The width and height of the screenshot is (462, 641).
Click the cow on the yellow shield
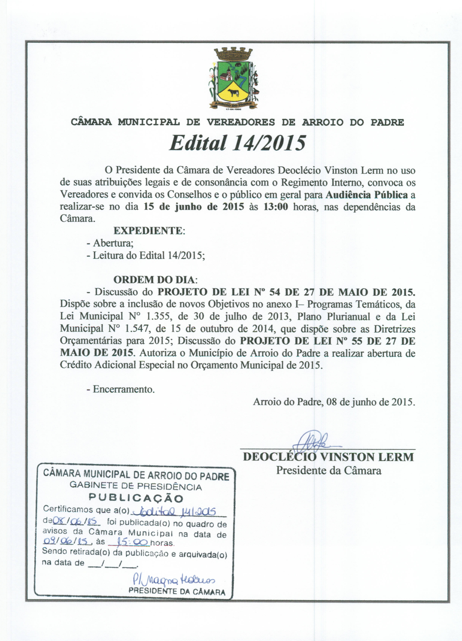pyautogui.click(x=233, y=93)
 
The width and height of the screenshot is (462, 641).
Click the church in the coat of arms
pyautogui.click(x=225, y=75)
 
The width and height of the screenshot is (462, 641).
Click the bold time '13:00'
pyautogui.click(x=276, y=207)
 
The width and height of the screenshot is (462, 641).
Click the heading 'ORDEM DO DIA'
pyautogui.click(x=154, y=280)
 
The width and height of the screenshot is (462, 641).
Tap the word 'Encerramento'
pyautogui.click(x=123, y=389)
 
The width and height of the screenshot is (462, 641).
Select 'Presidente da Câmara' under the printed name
pyautogui.click(x=328, y=470)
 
